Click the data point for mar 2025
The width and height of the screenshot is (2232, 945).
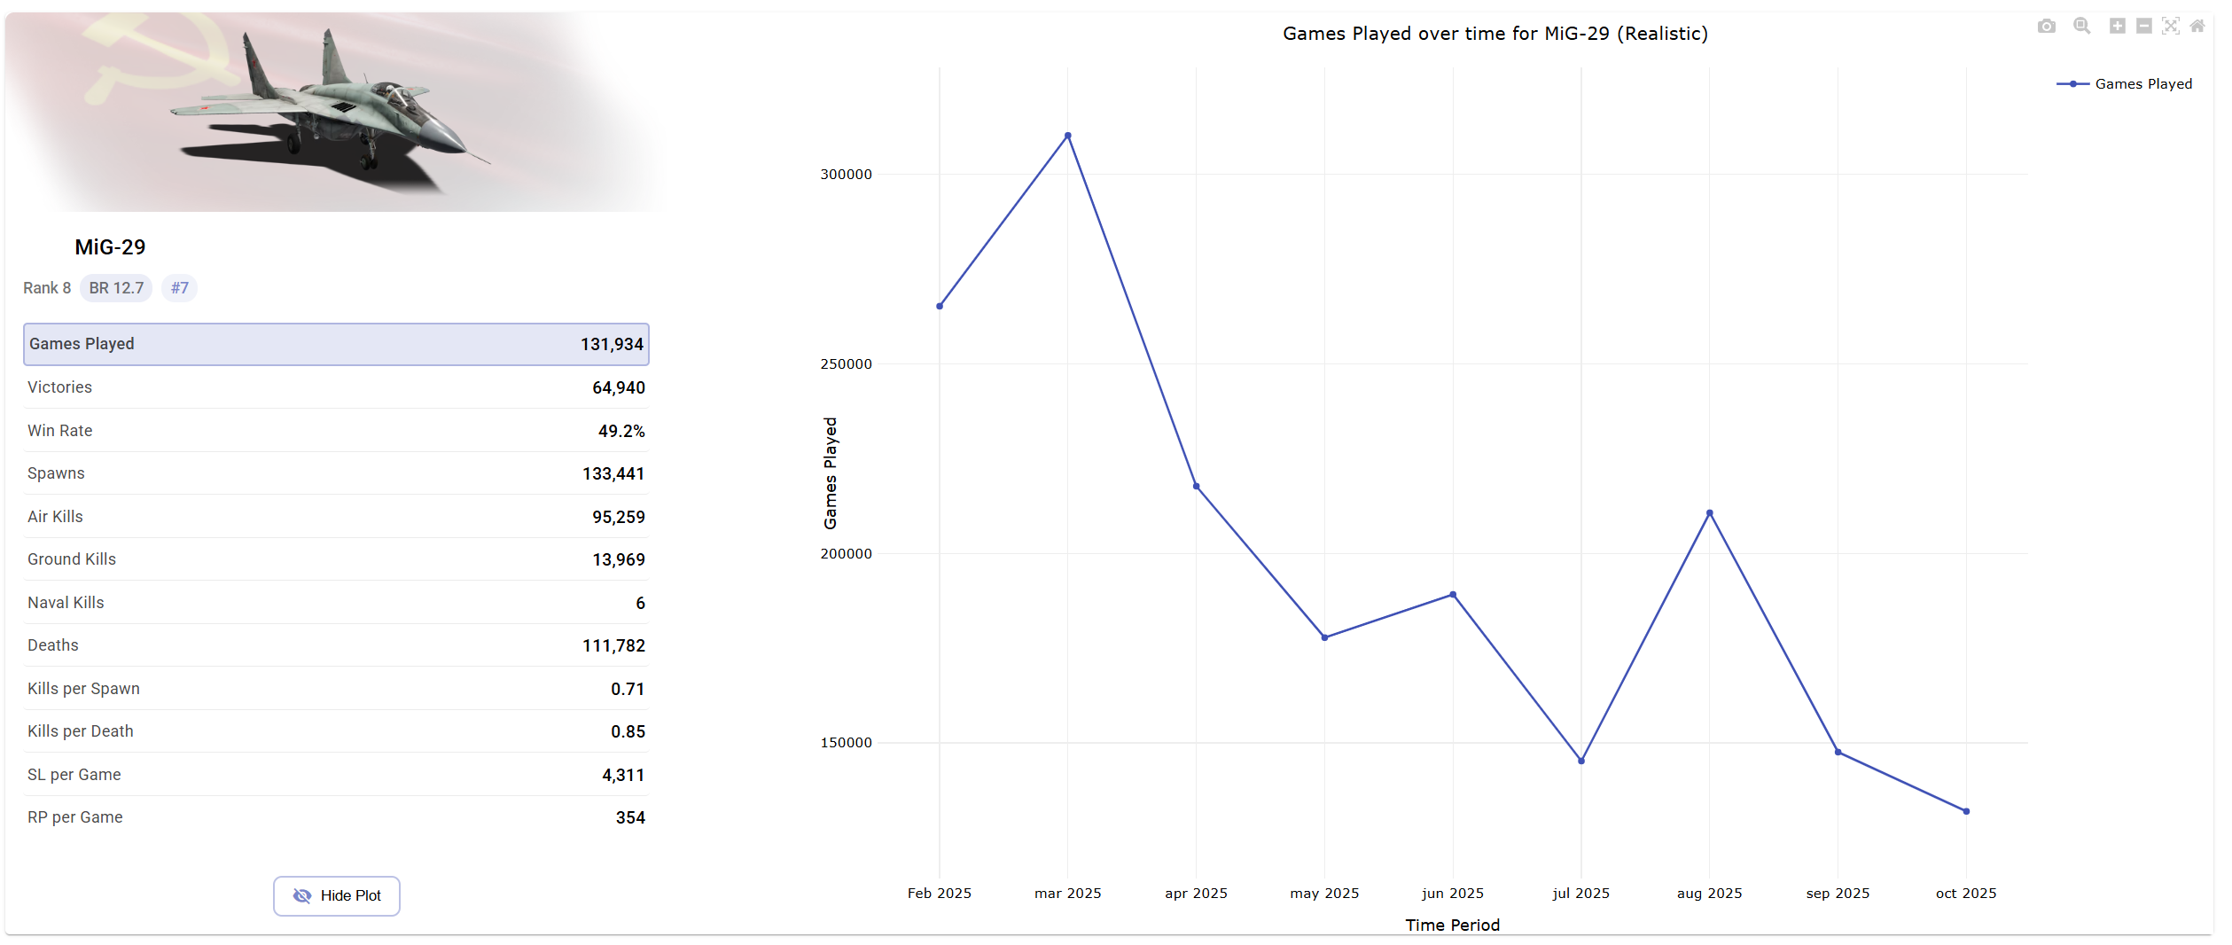click(x=1067, y=136)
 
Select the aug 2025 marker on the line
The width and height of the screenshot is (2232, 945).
click(x=1709, y=513)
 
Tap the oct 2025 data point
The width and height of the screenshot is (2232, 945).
click(x=1966, y=811)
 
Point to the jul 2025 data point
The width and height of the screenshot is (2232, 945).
click(x=1580, y=761)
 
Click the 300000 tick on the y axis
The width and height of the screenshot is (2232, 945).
click(x=846, y=175)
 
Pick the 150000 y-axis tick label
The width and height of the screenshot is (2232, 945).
click(x=846, y=743)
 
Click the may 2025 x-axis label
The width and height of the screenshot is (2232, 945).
click(x=1324, y=894)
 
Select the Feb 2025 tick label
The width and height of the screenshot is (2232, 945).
click(x=939, y=894)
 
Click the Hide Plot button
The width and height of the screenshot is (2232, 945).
click(x=337, y=895)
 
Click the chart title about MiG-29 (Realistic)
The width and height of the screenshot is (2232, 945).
click(x=1495, y=34)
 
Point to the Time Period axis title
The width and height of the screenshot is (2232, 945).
click(x=1452, y=925)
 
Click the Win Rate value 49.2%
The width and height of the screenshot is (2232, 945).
click(x=621, y=431)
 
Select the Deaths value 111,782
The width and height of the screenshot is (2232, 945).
click(x=613, y=645)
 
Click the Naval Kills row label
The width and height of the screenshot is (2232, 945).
click(x=66, y=603)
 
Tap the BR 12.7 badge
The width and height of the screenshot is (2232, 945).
click(x=116, y=288)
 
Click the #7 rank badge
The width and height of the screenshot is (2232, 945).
click(x=179, y=288)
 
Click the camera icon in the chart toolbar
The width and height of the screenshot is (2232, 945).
click(x=2046, y=27)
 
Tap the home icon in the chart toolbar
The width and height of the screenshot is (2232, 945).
click(x=2197, y=27)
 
